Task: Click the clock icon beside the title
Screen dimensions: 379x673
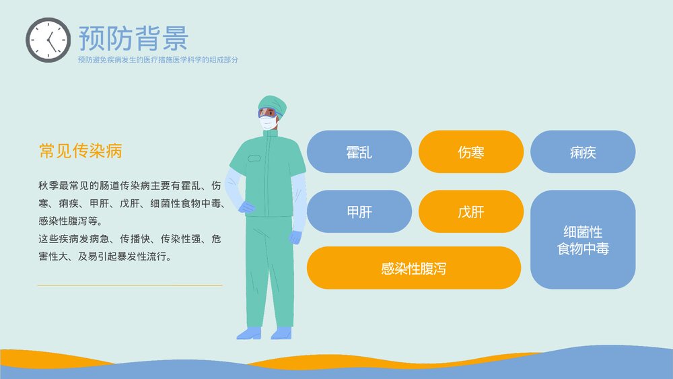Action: (x=48, y=40)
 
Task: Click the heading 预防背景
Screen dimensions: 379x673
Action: (x=133, y=38)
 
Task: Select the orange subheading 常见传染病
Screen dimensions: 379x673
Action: (x=80, y=151)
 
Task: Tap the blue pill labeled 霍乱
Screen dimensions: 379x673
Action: (x=359, y=152)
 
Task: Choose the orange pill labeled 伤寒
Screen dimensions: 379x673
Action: (x=470, y=152)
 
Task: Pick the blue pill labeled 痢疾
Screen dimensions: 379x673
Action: (x=582, y=152)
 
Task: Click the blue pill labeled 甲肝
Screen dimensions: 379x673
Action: (x=359, y=212)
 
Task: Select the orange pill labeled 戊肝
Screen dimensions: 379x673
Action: (x=470, y=212)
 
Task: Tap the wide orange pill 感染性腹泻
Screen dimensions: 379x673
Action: (x=413, y=269)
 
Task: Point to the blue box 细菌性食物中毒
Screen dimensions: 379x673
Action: (x=582, y=240)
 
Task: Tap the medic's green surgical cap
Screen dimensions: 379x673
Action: (x=273, y=103)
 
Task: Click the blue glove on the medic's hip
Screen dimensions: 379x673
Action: (x=246, y=207)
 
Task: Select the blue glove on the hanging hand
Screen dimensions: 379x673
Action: (x=296, y=237)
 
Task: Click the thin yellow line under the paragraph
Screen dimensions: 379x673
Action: (x=129, y=285)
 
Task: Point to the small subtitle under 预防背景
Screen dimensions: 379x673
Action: (x=157, y=60)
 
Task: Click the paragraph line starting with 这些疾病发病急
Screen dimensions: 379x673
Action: (x=130, y=238)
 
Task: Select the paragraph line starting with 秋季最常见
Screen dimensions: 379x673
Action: (x=130, y=184)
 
